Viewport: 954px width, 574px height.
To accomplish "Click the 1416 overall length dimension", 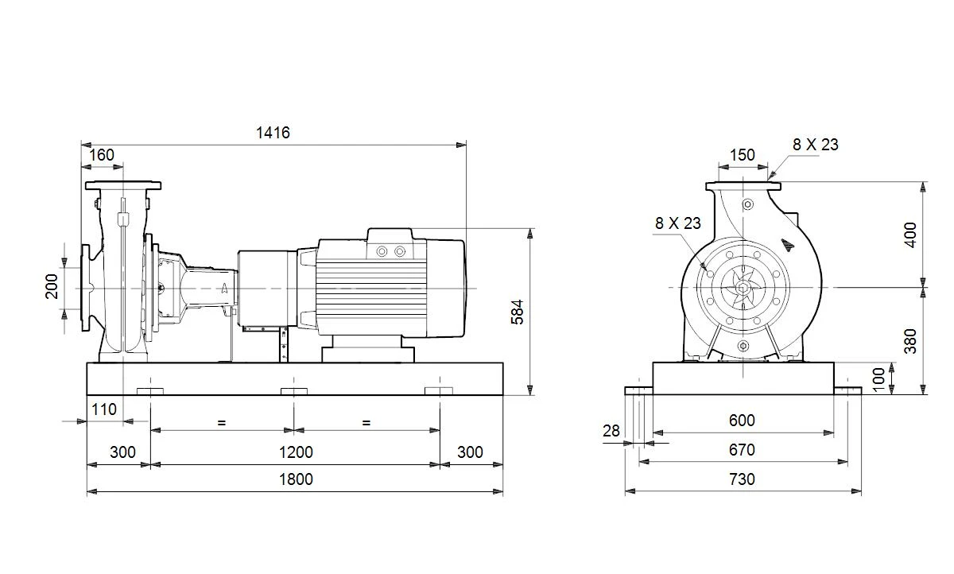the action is pyautogui.click(x=273, y=133).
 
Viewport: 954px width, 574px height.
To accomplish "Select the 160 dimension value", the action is pyautogui.click(x=102, y=155).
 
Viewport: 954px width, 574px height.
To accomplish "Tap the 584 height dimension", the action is pyautogui.click(x=517, y=312).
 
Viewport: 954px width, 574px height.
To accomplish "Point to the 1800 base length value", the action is pyautogui.click(x=296, y=479).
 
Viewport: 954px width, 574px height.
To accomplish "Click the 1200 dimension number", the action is pyautogui.click(x=296, y=452).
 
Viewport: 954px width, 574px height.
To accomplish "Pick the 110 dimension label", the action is pyautogui.click(x=104, y=409).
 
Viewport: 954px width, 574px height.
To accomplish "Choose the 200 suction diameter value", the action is pyautogui.click(x=52, y=286).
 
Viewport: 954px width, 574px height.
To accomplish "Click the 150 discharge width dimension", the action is pyautogui.click(x=743, y=155).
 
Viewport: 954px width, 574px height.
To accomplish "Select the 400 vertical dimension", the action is pyautogui.click(x=910, y=235).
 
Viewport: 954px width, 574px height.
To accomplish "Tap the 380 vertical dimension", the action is pyautogui.click(x=910, y=341).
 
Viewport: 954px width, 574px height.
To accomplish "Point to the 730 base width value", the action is pyautogui.click(x=742, y=479).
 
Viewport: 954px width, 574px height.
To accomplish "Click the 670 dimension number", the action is pyautogui.click(x=742, y=450).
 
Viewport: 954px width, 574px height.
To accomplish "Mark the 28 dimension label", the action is pyautogui.click(x=611, y=432).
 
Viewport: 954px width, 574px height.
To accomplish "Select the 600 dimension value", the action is pyautogui.click(x=742, y=421).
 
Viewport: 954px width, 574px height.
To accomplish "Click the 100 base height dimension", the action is pyautogui.click(x=878, y=379).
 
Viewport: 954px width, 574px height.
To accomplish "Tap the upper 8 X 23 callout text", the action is pyautogui.click(x=815, y=145).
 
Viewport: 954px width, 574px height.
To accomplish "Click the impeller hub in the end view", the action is pyautogui.click(x=743, y=289).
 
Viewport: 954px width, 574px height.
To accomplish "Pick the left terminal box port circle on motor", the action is pyautogui.click(x=382, y=252).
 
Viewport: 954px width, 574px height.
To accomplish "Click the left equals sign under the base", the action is pyautogui.click(x=221, y=423).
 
